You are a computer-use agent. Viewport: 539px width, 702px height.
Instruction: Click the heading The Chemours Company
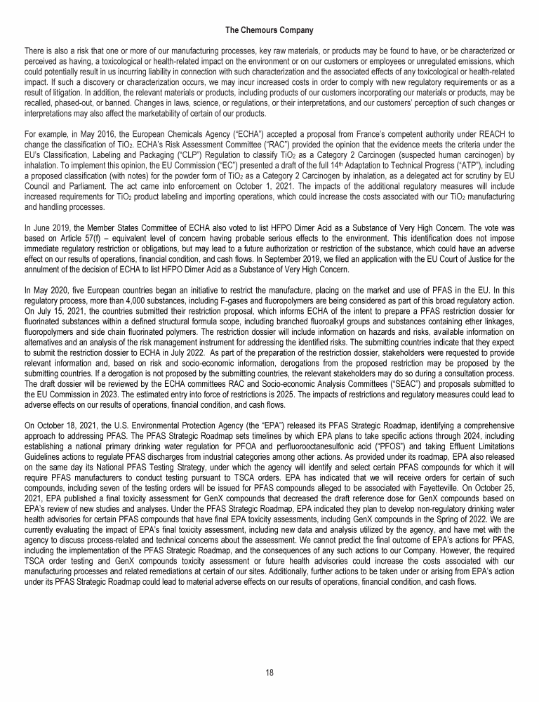[x=269, y=30]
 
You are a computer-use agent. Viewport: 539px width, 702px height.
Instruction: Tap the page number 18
[x=269, y=672]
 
